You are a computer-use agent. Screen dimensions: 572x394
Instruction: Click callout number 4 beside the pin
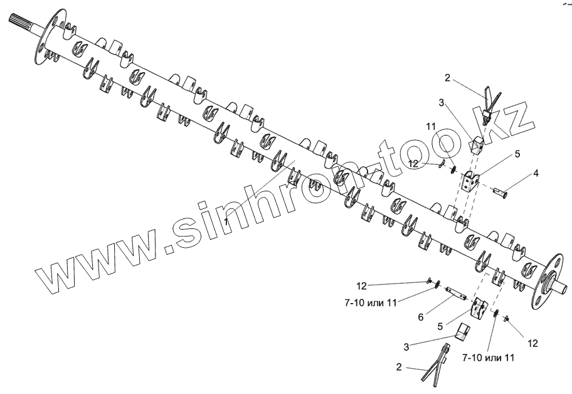535,172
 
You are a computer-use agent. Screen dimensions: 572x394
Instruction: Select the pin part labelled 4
502,189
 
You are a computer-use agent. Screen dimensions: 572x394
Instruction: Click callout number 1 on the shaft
225,223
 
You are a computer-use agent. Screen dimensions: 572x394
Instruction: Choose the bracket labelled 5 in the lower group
479,309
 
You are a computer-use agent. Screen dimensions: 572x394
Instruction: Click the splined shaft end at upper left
21,28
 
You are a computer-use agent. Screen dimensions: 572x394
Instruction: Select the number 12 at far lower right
533,343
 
